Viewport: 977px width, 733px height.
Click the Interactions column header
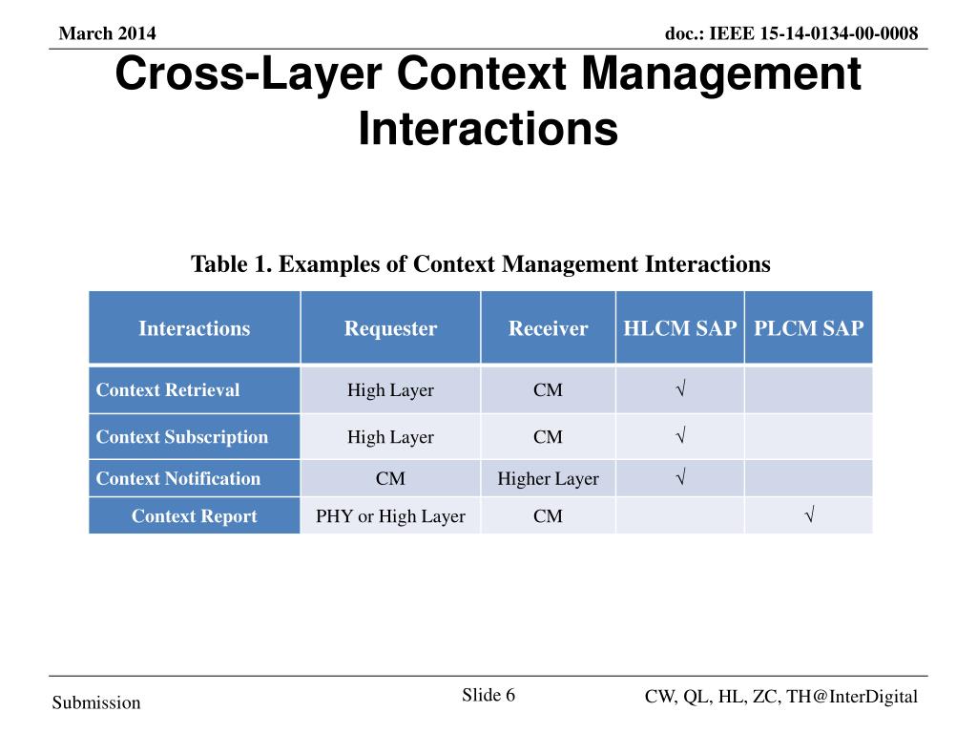pos(194,329)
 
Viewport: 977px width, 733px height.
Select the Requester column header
pos(390,329)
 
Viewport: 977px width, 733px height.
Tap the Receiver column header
pos(548,329)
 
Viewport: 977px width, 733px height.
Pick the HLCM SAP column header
pos(679,329)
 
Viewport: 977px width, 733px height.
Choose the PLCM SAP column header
pos(808,329)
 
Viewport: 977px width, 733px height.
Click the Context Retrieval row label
pos(168,389)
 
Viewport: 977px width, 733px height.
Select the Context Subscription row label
pos(182,437)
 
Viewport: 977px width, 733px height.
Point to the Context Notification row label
pos(178,478)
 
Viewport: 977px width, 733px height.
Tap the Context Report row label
pos(194,516)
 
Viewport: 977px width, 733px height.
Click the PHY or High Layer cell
pos(390,516)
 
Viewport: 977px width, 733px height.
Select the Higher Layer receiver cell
pos(548,478)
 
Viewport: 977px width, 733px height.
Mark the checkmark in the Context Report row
pos(808,516)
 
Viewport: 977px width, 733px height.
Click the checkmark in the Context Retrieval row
pos(679,389)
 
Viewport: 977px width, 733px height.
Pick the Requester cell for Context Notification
pos(390,478)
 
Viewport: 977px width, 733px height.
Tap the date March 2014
pos(107,34)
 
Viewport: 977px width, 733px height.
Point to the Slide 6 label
pos(488,695)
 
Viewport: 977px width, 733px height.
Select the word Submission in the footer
pos(96,703)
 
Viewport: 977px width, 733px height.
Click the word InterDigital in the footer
pos(873,697)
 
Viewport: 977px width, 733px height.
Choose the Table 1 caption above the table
pos(481,263)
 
